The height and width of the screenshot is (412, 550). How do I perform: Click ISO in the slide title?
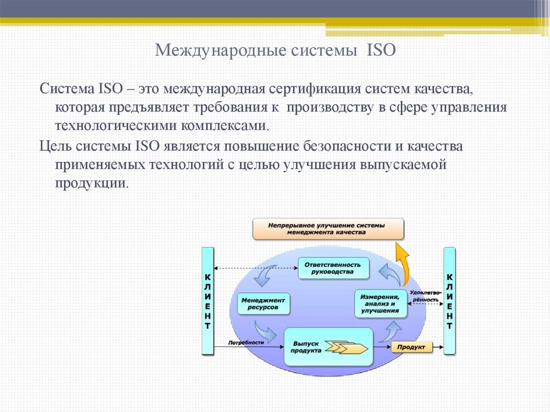pos(381,51)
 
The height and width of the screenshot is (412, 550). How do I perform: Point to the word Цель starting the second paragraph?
pos(56,146)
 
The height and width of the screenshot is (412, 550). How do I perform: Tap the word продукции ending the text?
pos(91,183)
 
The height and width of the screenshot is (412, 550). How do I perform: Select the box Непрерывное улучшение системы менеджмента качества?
pos(328,229)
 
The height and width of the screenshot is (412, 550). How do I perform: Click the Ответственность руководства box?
pos(334,268)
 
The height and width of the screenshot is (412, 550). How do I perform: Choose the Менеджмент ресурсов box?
pos(263,304)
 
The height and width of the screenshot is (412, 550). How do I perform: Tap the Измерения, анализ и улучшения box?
pos(380,303)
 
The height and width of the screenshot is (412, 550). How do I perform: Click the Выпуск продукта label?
pos(306,347)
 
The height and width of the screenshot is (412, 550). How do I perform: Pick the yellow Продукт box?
pos(411,348)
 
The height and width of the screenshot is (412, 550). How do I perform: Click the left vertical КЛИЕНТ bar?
pos(207,301)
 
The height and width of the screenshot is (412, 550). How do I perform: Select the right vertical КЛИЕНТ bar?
pos(450,301)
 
